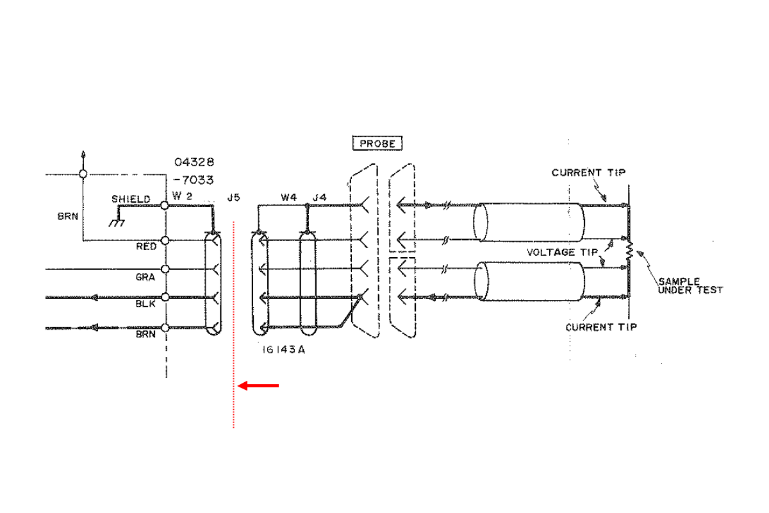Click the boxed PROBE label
pos(378,144)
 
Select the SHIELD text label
pos(131,199)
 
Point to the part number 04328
pos(194,162)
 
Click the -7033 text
pos(194,180)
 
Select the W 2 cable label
pos(182,196)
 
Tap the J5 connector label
pos(233,198)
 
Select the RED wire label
pos(147,246)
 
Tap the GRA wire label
pos(145,278)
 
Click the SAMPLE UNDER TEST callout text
pos(690,285)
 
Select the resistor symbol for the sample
pos(629,252)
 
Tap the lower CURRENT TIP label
pos(601,327)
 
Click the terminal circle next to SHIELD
pos(165,205)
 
